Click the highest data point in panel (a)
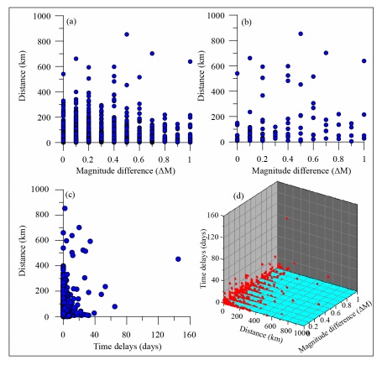pyautogui.click(x=126, y=34)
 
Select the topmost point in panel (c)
pyautogui.click(x=65, y=208)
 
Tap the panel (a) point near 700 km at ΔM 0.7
pyautogui.click(x=152, y=54)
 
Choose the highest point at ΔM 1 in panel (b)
pyautogui.click(x=364, y=61)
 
